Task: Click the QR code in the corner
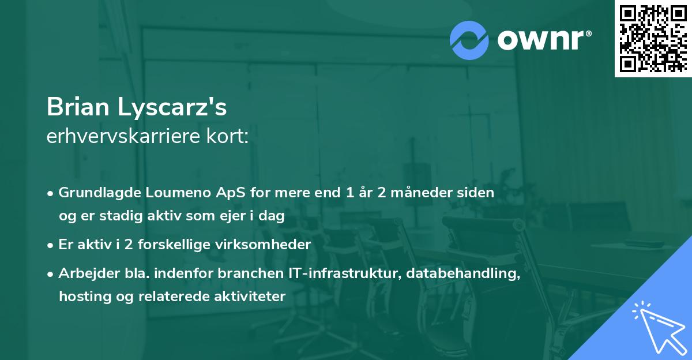click(653, 38)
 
